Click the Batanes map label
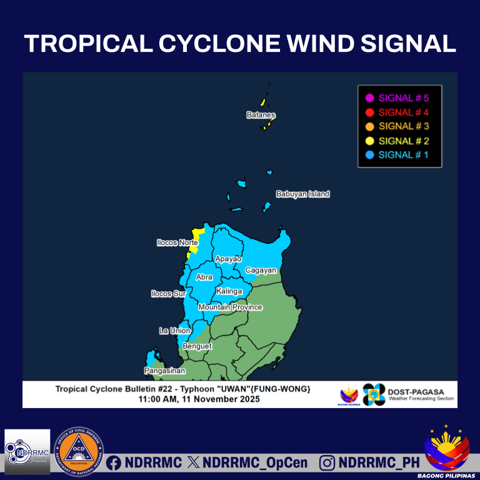[x=261, y=116]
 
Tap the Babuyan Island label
[x=302, y=194]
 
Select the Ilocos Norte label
[x=177, y=242]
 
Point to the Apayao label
[x=228, y=259]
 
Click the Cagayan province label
[x=261, y=271]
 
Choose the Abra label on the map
[x=204, y=277]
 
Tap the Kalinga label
[x=229, y=291]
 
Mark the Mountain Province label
[x=230, y=307]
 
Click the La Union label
[x=174, y=331]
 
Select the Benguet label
[x=197, y=346]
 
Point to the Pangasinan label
[x=164, y=371]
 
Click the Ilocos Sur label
[x=169, y=294]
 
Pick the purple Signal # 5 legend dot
[x=369, y=98]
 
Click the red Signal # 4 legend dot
[x=369, y=112]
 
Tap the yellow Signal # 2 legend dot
[x=369, y=141]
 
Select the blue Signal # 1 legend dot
[x=369, y=155]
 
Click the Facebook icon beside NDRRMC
[x=114, y=463]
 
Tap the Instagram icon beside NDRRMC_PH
[x=327, y=463]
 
